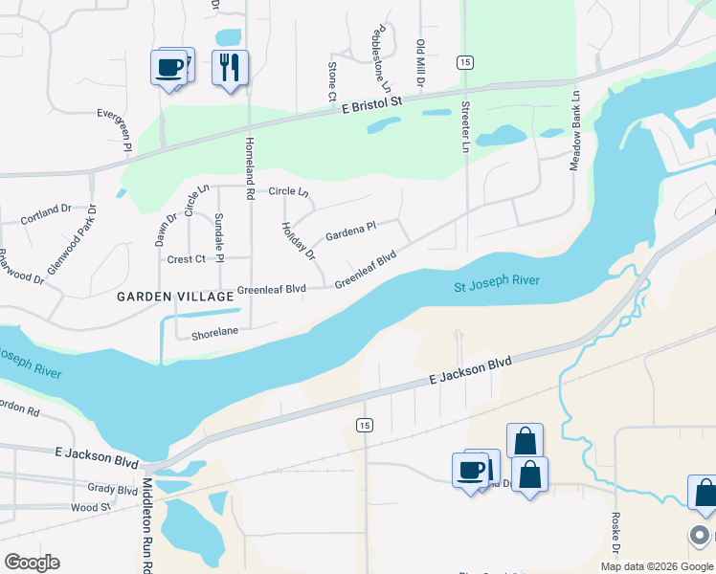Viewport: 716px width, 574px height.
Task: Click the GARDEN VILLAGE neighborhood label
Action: click(x=175, y=297)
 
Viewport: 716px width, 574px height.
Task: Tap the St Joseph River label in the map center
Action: click(x=496, y=283)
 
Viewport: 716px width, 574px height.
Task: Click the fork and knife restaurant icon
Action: click(x=230, y=68)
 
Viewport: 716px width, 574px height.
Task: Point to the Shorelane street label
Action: click(x=213, y=334)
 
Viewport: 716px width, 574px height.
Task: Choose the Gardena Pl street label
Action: click(x=351, y=231)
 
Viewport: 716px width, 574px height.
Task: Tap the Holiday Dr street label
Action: click(x=298, y=241)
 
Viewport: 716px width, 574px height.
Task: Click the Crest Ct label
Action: click(x=187, y=259)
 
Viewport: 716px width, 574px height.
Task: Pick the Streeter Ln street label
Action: click(x=466, y=126)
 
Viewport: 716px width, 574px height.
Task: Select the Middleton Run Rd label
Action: click(x=148, y=526)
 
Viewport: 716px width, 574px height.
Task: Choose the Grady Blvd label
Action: click(x=113, y=489)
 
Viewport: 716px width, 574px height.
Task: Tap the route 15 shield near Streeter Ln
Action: click(x=464, y=62)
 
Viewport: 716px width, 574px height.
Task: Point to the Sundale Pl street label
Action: click(x=219, y=238)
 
